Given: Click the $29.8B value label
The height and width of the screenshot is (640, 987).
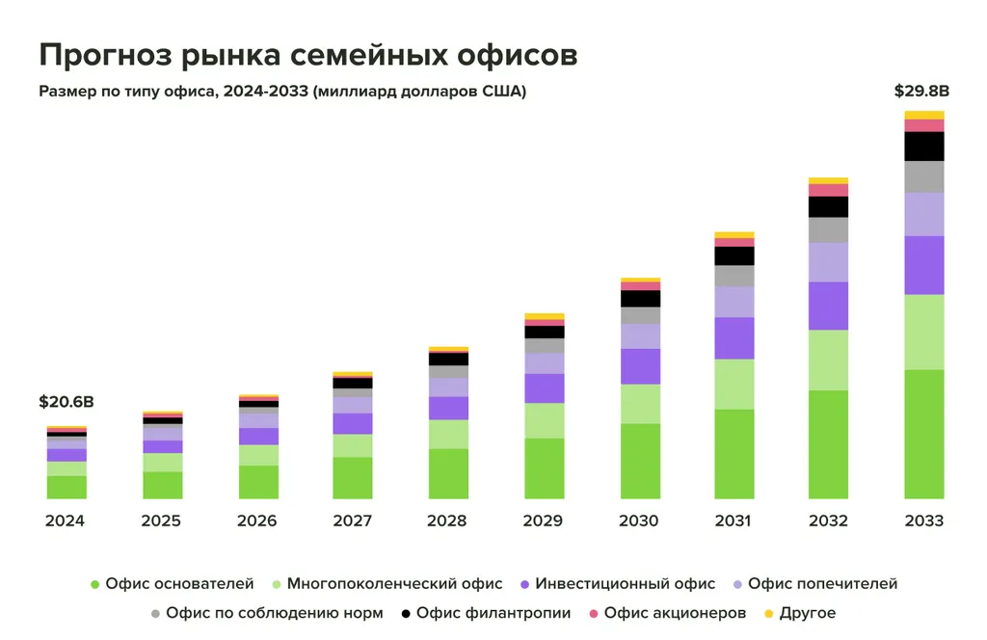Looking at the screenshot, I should click(922, 92).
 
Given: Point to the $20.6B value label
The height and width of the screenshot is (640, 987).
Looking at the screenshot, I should click(67, 402).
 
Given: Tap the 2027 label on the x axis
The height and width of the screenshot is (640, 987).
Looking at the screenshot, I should click(353, 521).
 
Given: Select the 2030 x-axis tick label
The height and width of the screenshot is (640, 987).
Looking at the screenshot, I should click(639, 521).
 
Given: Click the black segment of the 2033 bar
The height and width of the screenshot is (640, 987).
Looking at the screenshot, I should click(924, 147).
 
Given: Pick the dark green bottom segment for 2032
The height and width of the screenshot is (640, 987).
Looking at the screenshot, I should click(829, 444).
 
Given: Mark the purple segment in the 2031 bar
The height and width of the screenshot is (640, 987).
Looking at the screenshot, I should click(734, 338).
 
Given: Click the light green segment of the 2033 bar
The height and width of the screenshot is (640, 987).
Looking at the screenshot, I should click(924, 332).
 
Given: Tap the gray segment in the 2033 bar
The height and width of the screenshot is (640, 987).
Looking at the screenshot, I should click(924, 176).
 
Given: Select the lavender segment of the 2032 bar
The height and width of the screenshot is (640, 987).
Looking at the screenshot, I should click(829, 262).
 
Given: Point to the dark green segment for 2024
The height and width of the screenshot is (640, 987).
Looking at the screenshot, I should click(67, 487).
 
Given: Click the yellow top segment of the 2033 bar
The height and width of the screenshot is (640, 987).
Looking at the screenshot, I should click(924, 115).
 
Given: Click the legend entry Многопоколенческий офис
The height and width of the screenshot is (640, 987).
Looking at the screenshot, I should click(394, 584).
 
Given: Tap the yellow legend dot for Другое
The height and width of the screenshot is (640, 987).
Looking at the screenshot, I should click(768, 613).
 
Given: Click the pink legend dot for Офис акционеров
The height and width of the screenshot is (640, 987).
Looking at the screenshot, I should click(594, 613).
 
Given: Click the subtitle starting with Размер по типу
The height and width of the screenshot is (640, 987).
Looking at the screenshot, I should click(282, 93).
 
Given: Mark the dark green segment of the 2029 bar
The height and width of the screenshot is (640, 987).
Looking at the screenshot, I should click(544, 468).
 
